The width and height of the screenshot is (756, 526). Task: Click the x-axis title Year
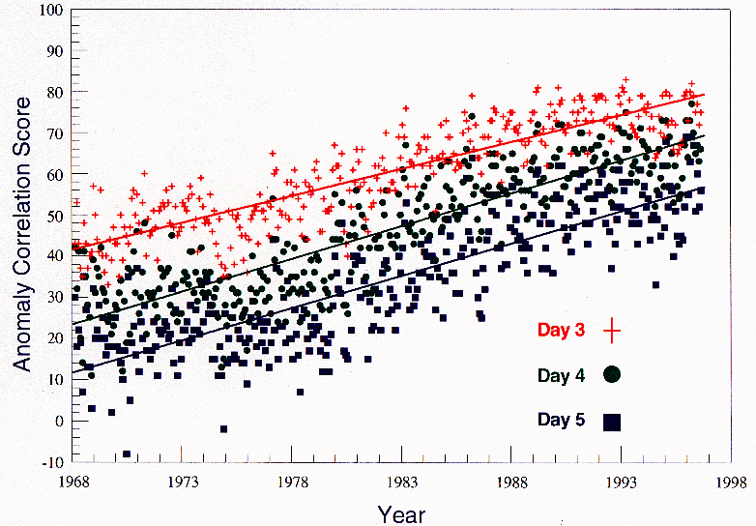pos(401,513)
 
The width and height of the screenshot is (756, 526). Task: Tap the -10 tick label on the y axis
pos(51,462)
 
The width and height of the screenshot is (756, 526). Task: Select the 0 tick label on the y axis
pos(58,421)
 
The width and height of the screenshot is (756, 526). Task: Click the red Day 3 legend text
pos(561,331)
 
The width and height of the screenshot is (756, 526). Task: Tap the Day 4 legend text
pos(561,375)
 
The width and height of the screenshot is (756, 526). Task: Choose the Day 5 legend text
pos(561,420)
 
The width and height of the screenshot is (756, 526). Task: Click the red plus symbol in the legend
pos(611,331)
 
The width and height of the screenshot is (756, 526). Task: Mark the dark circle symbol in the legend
pos(611,375)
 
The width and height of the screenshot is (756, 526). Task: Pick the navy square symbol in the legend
pos(611,421)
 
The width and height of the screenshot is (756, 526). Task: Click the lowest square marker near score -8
pos(127,453)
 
